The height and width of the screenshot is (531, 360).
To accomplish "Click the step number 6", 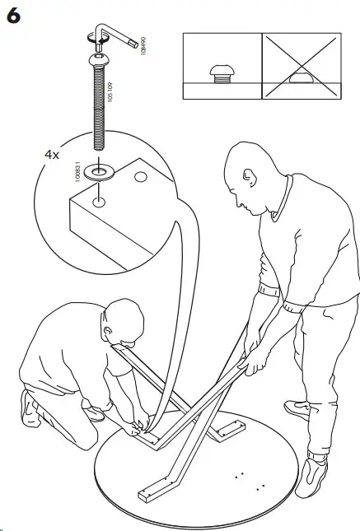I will pos(13,17).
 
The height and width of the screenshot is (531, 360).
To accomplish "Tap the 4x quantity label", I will pos(53,154).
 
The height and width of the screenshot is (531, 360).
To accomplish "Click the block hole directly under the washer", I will pos(99,199).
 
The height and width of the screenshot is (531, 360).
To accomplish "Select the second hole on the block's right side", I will pos(140,176).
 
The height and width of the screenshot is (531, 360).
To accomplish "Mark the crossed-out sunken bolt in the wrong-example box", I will pos(302,78).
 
